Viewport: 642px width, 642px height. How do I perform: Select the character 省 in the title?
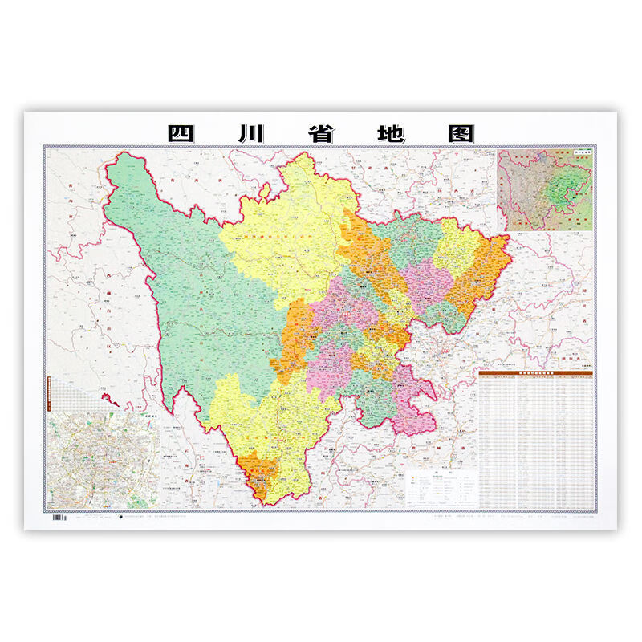[319, 132]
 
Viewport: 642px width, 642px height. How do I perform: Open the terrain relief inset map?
[545, 189]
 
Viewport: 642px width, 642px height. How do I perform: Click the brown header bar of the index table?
[534, 373]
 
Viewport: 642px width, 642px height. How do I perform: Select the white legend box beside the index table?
[441, 487]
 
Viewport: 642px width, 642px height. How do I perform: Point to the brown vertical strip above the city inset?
[49, 394]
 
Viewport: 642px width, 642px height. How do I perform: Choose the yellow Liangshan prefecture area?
[273, 417]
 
